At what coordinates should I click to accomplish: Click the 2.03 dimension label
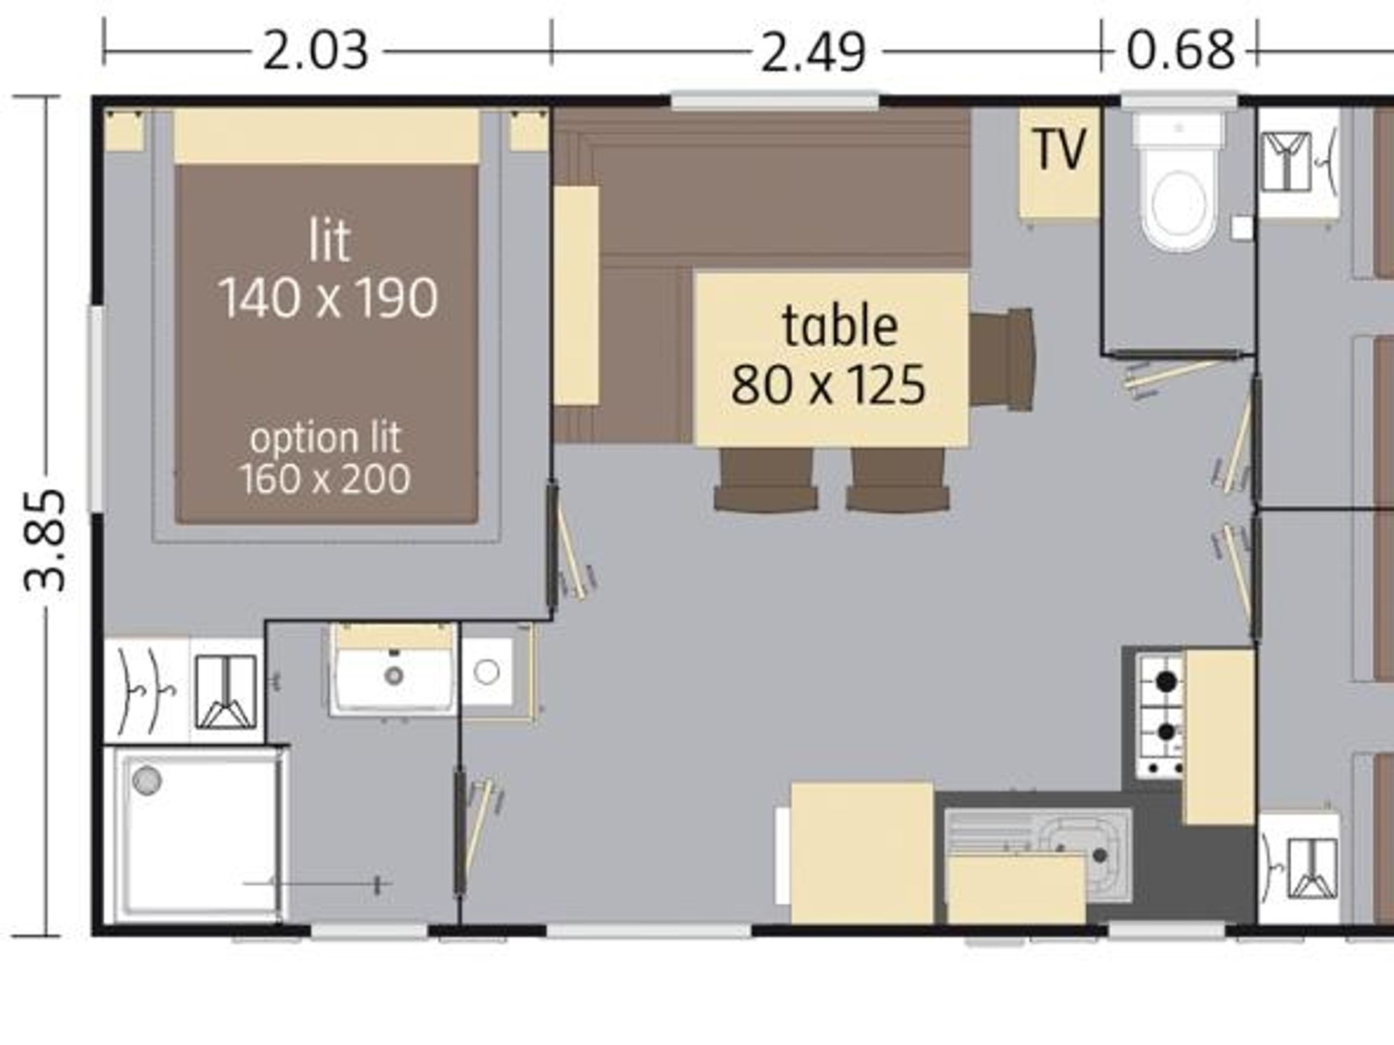[x=315, y=51]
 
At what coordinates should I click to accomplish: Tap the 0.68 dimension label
[x=1181, y=50]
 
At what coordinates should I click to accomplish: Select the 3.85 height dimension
[x=46, y=540]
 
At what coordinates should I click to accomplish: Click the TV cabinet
[x=1059, y=163]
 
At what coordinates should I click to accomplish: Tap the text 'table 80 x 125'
[x=829, y=356]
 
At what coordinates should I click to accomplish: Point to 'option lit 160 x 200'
[x=325, y=458]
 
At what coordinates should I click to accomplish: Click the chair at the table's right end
[x=1001, y=358]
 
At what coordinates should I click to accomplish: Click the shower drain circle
[x=147, y=781]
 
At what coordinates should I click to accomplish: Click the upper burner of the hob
[x=1166, y=682]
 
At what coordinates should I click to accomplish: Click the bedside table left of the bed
[x=124, y=131]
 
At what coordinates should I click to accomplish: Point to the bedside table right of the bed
[x=529, y=131]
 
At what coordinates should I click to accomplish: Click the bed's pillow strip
[x=327, y=136]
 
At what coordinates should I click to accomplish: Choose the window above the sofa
[x=775, y=100]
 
